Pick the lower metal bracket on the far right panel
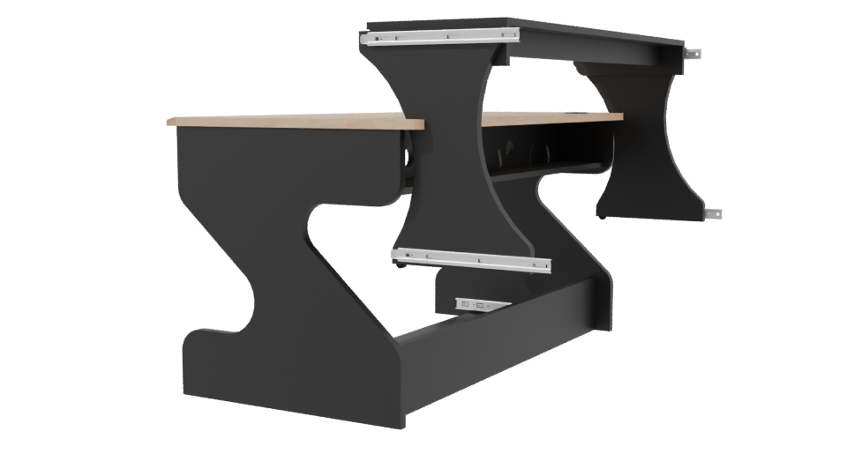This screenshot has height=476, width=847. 713,212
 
